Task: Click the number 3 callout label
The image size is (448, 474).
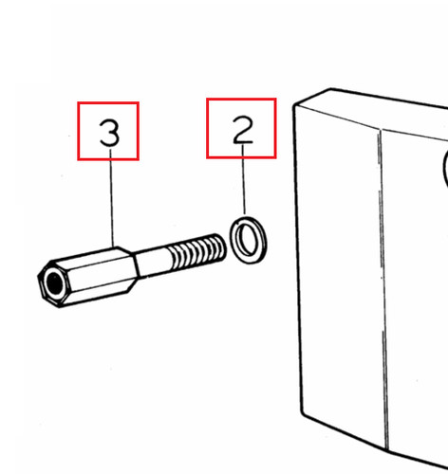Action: click(x=109, y=133)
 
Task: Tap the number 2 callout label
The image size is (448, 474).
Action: click(x=243, y=130)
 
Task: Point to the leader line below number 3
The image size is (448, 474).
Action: click(x=112, y=198)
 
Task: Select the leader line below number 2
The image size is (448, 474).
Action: click(x=244, y=179)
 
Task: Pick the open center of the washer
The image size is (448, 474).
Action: click(x=248, y=240)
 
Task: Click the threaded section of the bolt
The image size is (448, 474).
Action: click(x=196, y=252)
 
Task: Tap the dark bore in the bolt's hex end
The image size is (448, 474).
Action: click(x=54, y=282)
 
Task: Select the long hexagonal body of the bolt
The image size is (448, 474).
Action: click(x=87, y=277)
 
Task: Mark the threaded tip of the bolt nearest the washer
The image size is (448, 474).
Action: click(x=221, y=246)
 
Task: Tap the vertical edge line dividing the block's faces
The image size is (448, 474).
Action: click(x=384, y=288)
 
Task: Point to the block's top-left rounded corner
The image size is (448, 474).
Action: click(x=295, y=105)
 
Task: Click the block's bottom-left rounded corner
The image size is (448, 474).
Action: click(x=303, y=412)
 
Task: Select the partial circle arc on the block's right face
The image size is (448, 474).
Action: click(x=444, y=168)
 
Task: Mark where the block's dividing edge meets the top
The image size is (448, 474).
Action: click(x=381, y=129)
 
